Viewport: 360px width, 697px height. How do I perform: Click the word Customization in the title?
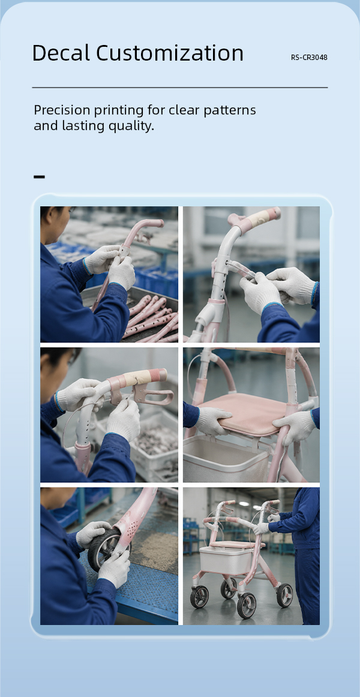pos(170,53)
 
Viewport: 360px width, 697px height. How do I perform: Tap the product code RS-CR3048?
pos(310,58)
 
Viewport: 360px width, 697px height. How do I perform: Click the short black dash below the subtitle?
pos(39,177)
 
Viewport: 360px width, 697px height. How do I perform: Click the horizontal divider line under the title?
pos(180,88)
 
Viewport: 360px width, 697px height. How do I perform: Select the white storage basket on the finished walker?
pos(227,560)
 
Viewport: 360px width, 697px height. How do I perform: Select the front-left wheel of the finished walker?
pos(200,597)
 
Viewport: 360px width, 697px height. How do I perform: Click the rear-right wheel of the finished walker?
pos(284,595)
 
